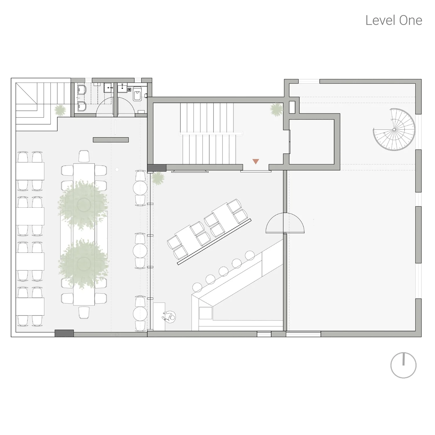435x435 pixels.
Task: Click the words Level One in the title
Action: [x=393, y=20]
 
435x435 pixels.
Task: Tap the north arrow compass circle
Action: [x=403, y=365]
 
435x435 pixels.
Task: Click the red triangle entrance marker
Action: [x=255, y=162]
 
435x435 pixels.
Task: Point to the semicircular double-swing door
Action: [x=285, y=223]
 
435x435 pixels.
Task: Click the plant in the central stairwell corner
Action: [x=276, y=110]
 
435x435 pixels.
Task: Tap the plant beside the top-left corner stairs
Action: [x=60, y=110]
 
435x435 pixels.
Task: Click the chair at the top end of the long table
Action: [x=84, y=157]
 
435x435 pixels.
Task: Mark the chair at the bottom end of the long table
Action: [x=84, y=313]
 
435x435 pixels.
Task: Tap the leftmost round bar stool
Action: [x=197, y=287]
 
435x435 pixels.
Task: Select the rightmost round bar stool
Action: [x=250, y=255]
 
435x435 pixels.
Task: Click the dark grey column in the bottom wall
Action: [x=64, y=333]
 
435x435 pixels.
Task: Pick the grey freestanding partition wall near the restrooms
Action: [x=110, y=140]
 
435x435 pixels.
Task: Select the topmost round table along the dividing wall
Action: [x=140, y=188]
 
